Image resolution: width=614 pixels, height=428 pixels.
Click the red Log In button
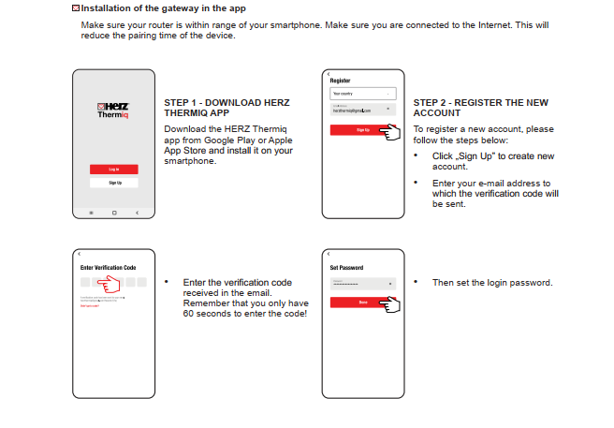pyautogui.click(x=112, y=169)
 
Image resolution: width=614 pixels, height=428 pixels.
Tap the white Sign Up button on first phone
pyautogui.click(x=112, y=183)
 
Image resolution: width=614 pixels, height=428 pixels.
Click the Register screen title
pyautogui.click(x=339, y=81)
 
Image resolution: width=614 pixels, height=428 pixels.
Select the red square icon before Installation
pyautogui.click(x=75, y=8)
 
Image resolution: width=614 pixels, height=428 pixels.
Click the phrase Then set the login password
pyautogui.click(x=492, y=282)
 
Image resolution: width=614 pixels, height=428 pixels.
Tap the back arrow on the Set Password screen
pyautogui.click(x=328, y=254)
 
